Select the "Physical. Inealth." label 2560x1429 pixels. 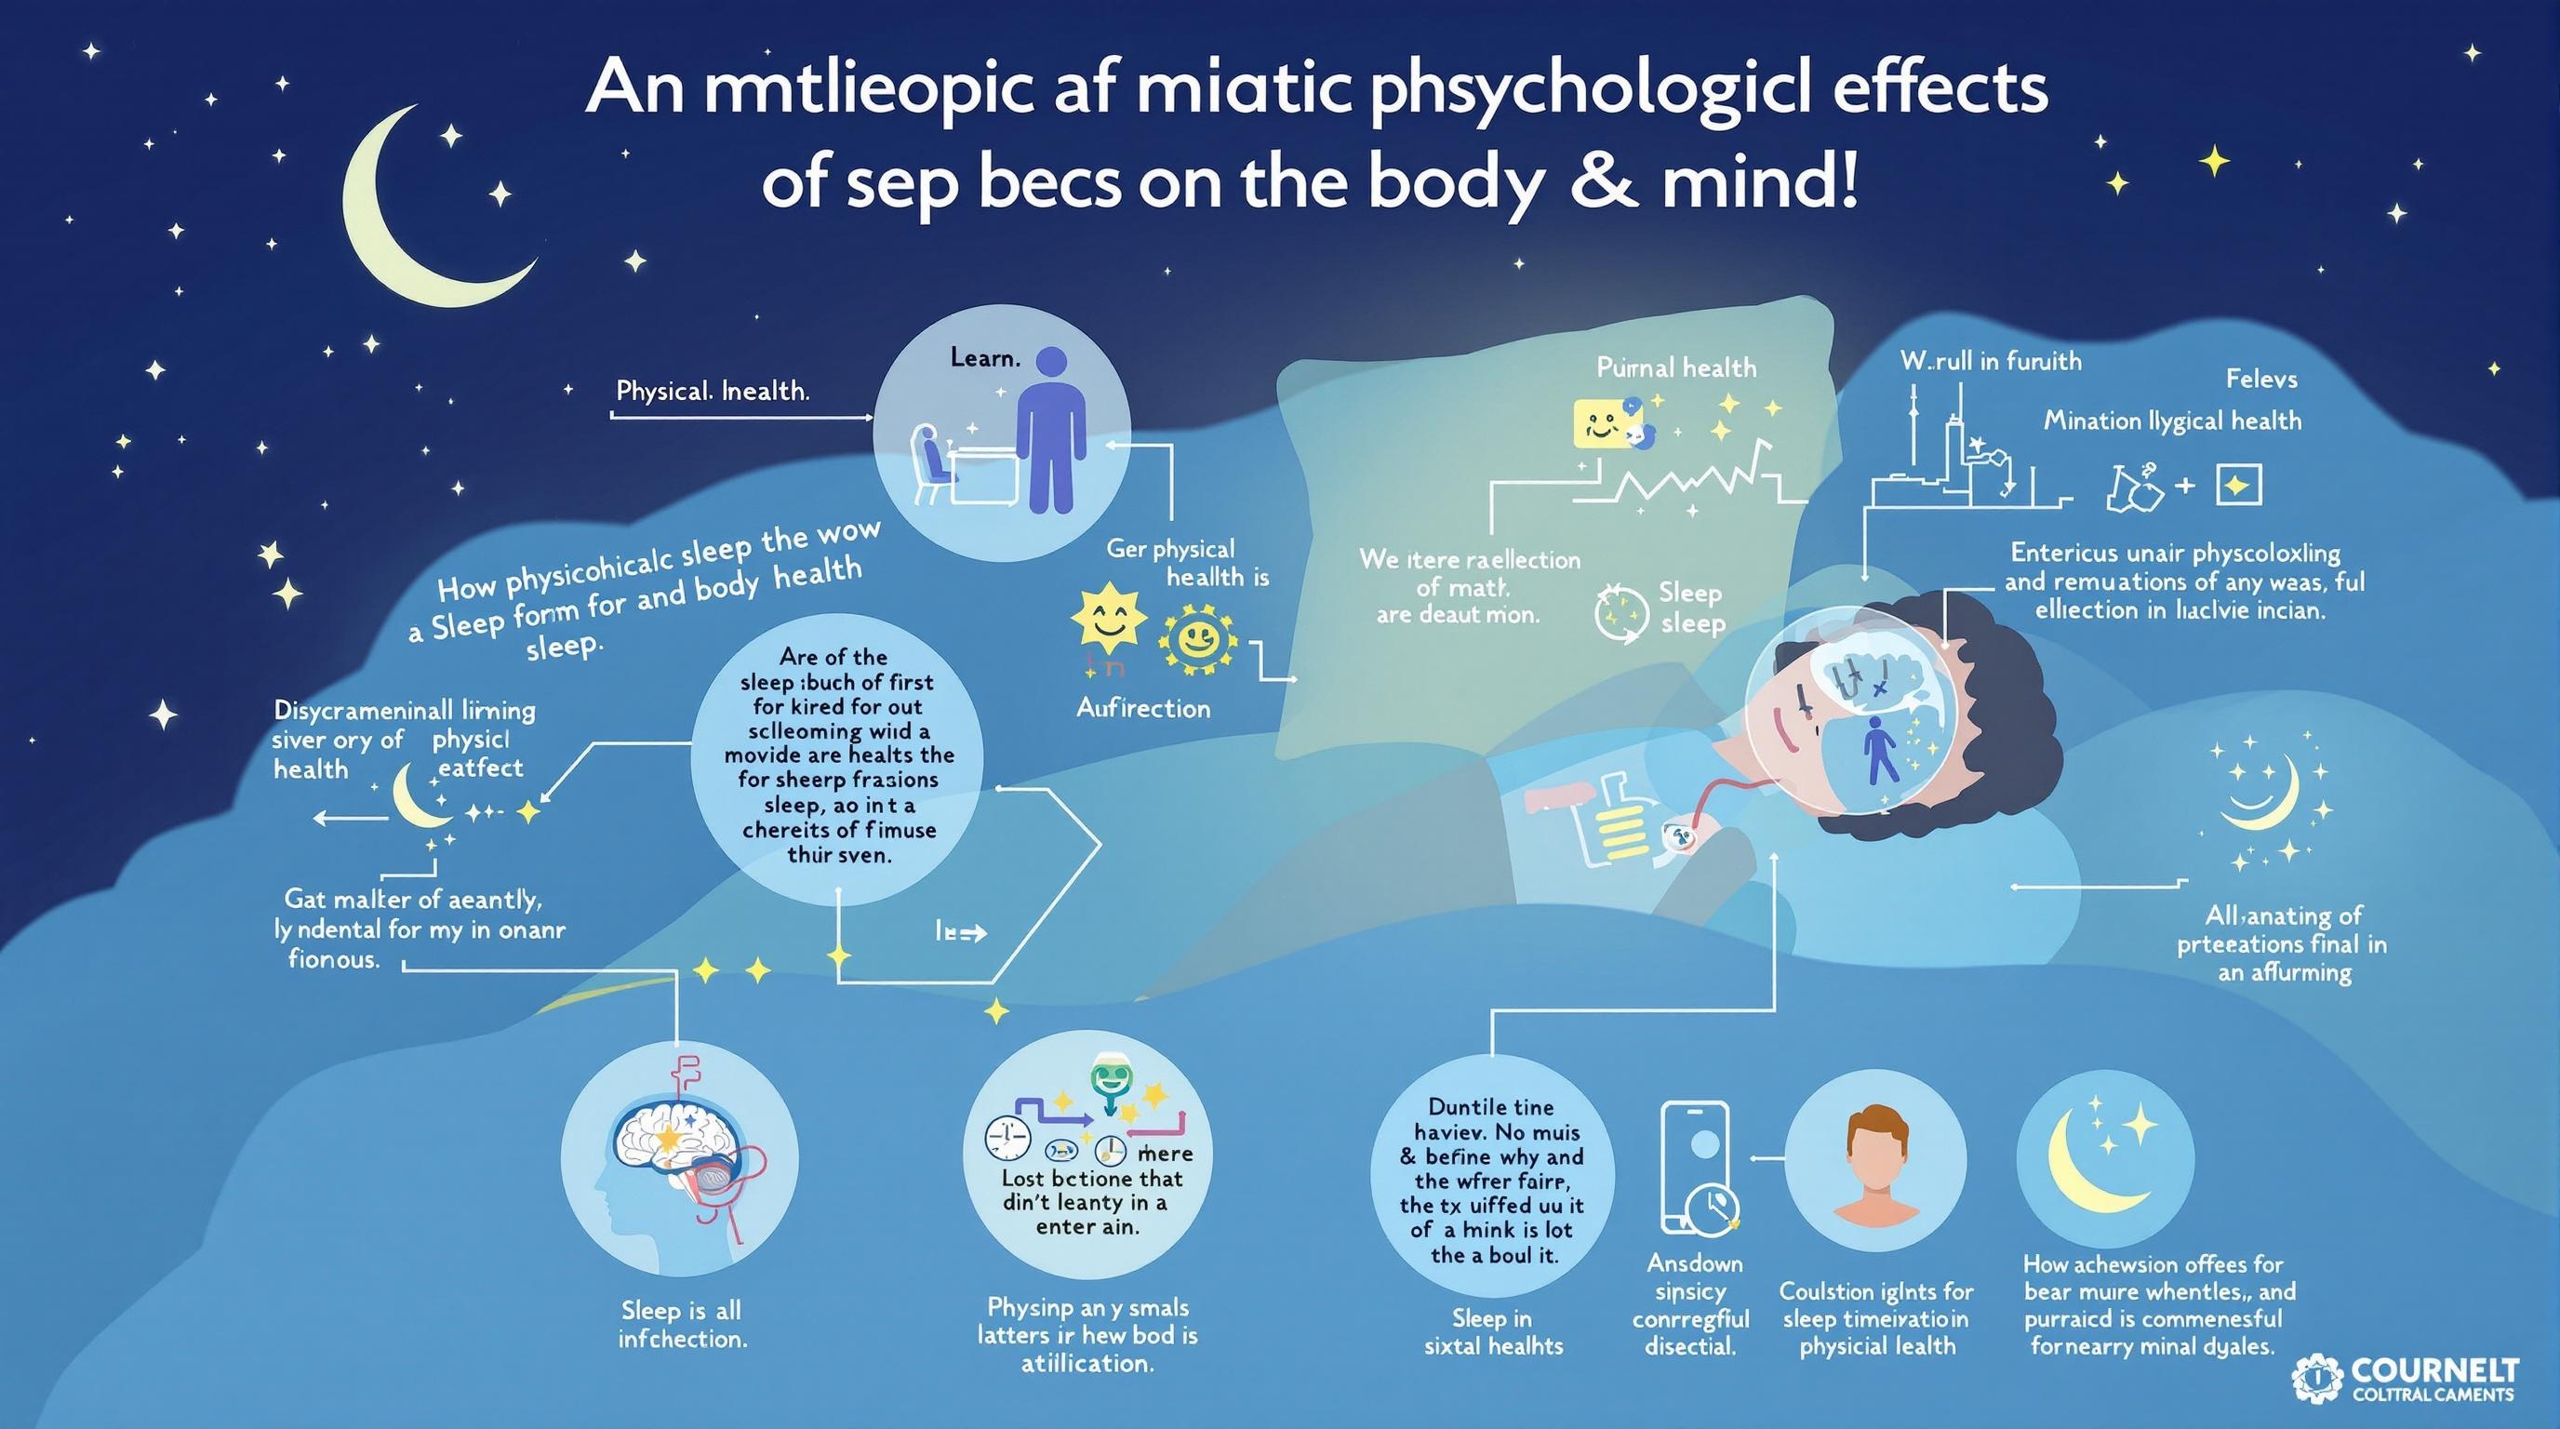pos(713,391)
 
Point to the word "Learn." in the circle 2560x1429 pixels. pos(986,358)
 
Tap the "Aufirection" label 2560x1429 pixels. pos(1143,709)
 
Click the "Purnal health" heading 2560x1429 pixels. pos(1676,367)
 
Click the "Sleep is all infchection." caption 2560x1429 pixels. pos(682,1324)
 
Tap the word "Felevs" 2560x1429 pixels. pos(2260,379)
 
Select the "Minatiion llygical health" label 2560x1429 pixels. pos(2172,421)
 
